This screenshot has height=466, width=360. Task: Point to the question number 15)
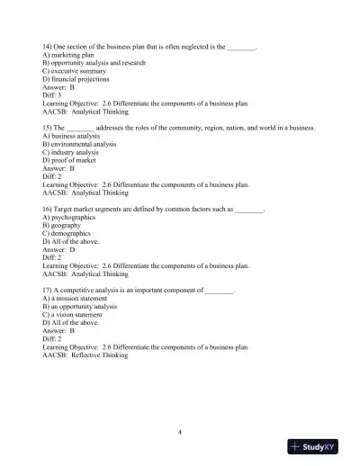point(49,129)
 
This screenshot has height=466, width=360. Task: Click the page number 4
point(180,432)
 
